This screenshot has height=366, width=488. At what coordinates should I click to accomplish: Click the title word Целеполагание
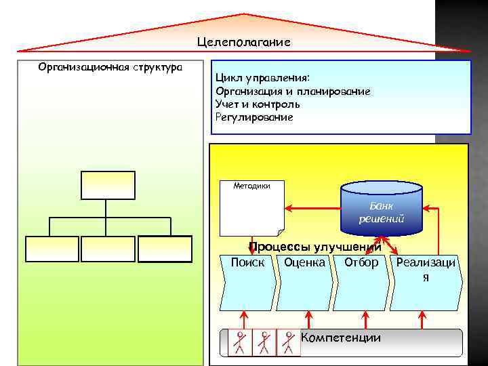pyautogui.click(x=244, y=42)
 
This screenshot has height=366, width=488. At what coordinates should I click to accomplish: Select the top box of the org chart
pyautogui.click(x=108, y=185)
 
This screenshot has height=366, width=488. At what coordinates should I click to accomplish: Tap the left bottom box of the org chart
pyautogui.click(x=52, y=249)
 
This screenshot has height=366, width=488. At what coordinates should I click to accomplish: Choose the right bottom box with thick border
pyautogui.click(x=165, y=249)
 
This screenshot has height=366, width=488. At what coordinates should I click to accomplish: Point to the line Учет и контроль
pyautogui.click(x=258, y=104)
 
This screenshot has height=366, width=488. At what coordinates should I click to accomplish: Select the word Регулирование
pyautogui.click(x=254, y=117)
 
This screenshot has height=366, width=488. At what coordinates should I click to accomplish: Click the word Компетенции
pyautogui.click(x=340, y=338)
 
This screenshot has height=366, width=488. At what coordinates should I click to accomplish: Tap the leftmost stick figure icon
pyautogui.click(x=239, y=343)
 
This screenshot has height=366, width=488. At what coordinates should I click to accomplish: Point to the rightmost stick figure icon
pyautogui.click(x=289, y=343)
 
